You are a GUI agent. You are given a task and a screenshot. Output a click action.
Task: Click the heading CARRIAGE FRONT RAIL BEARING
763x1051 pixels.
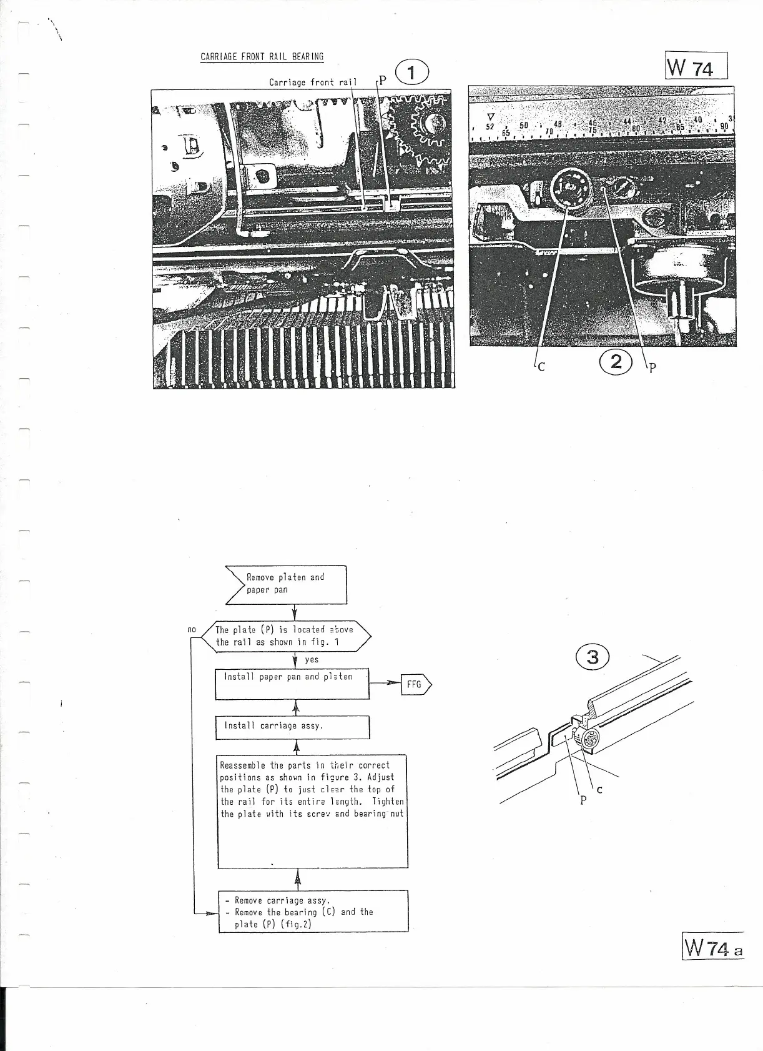click(262, 57)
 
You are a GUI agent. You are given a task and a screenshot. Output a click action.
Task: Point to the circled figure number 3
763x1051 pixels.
click(593, 657)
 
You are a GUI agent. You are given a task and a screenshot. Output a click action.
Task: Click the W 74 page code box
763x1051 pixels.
click(696, 65)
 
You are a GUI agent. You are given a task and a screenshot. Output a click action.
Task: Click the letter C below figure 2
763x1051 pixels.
click(541, 367)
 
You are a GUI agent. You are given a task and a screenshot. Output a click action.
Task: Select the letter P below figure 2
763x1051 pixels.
click(652, 368)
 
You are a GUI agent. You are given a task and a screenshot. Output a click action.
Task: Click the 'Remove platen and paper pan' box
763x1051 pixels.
click(287, 584)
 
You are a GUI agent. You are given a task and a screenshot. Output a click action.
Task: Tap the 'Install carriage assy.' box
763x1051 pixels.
click(292, 727)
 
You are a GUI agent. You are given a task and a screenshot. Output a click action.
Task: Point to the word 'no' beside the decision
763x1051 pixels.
click(192, 629)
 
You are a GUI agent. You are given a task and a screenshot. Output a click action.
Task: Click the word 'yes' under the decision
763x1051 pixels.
click(312, 659)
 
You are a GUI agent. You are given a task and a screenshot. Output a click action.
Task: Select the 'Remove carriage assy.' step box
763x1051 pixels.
click(313, 912)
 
